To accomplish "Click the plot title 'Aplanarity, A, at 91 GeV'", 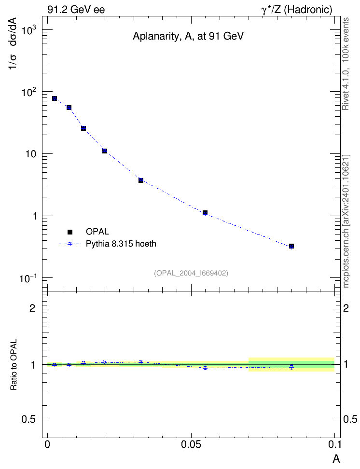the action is [x=188, y=37].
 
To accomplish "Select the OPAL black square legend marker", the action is [x=70, y=232].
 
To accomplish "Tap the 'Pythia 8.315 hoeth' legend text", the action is [x=121, y=244].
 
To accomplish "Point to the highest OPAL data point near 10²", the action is [x=55, y=98].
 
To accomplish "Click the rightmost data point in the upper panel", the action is [x=291, y=246].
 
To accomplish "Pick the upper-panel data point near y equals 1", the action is [x=205, y=213].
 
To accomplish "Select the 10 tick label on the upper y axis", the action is [x=30, y=154].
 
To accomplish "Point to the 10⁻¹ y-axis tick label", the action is [x=28, y=279].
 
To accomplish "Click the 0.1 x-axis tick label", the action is [x=334, y=444].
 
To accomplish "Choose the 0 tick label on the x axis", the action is [x=47, y=444].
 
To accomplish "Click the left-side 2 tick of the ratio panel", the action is [x=32, y=308].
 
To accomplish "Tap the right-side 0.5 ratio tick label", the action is [x=350, y=419].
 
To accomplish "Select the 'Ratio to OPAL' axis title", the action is [x=14, y=365].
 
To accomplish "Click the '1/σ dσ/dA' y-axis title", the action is [x=13, y=44].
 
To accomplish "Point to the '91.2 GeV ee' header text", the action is [x=76, y=10].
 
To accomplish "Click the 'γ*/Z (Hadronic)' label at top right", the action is [x=297, y=10].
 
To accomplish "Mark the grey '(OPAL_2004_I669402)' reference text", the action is [x=191, y=273].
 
